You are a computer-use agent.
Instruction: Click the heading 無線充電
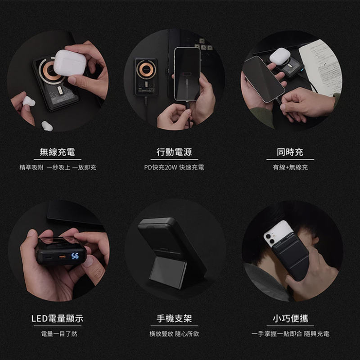pyautogui.click(x=58, y=152)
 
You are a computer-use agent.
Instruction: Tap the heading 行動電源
pyautogui.click(x=174, y=152)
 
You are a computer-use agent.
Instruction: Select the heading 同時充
pyautogui.click(x=290, y=152)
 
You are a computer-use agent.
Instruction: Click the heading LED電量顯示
pyautogui.click(x=58, y=319)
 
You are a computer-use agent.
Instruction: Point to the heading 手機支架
pyautogui.click(x=174, y=319)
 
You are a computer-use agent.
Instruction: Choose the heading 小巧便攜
pyautogui.click(x=290, y=319)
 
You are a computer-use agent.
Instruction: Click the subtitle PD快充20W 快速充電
pyautogui.click(x=174, y=167)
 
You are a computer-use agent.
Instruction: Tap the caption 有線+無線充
pyautogui.click(x=290, y=167)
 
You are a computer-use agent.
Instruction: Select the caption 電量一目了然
pyautogui.click(x=59, y=333)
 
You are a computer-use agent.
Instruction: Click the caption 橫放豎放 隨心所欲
pyautogui.click(x=174, y=333)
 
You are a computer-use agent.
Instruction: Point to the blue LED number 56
pyautogui.click(x=75, y=256)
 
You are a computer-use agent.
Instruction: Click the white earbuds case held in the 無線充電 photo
pyautogui.click(x=70, y=63)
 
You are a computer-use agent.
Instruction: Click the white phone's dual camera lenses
pyautogui.click(x=270, y=239)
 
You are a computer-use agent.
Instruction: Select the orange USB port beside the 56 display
pyautogui.click(x=62, y=256)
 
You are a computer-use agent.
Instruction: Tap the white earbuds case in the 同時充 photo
pyautogui.click(x=280, y=56)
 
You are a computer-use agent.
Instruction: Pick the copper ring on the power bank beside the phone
pyautogui.click(x=146, y=69)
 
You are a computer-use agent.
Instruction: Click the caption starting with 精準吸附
pyautogui.click(x=58, y=167)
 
